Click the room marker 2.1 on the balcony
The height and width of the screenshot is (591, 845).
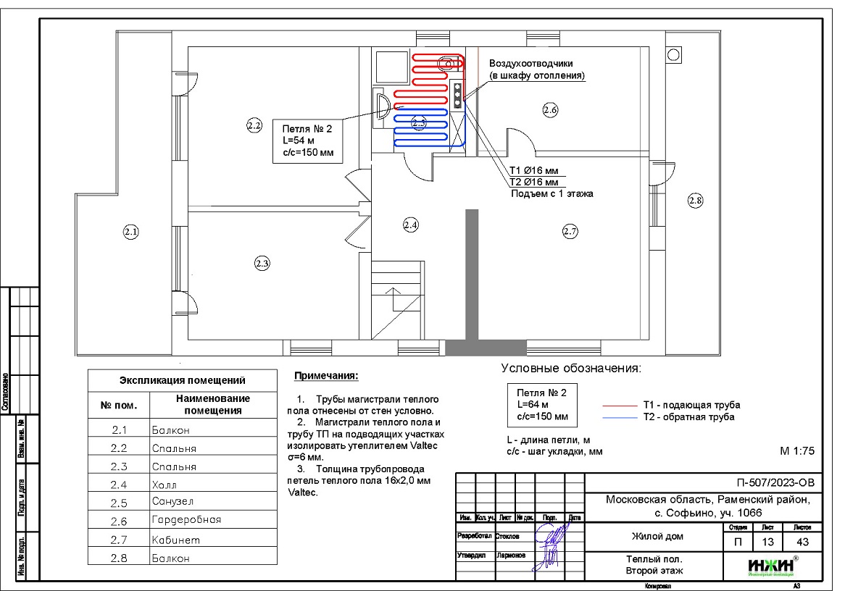coord(130,232)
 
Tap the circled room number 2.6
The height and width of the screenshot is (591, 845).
coord(549,110)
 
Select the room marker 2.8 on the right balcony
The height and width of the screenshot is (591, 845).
coord(695,201)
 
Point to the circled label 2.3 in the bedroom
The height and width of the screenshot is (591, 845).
coord(262,263)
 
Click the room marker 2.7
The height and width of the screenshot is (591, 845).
coord(570,232)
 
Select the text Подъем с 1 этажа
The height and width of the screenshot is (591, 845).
coord(552,193)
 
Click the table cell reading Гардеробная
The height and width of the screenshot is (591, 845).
coord(186,520)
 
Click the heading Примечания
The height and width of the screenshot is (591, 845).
coord(326,377)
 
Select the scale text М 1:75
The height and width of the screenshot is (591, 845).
coord(798,450)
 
